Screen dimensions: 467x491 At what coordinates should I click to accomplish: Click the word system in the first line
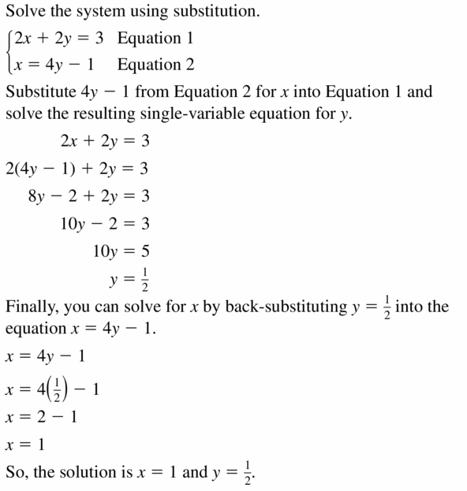click(110, 13)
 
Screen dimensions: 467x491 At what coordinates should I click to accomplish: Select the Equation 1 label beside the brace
click(155, 38)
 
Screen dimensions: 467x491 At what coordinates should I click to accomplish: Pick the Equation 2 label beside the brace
click(155, 64)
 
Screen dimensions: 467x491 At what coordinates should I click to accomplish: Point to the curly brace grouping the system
click(8, 50)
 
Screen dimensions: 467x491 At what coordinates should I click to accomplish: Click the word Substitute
click(40, 91)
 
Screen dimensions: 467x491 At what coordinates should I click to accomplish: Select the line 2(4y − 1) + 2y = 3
click(77, 169)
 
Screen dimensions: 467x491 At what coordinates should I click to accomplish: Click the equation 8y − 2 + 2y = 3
click(88, 196)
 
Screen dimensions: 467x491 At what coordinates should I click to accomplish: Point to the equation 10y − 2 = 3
click(105, 224)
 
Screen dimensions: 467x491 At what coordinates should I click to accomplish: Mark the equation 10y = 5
click(121, 251)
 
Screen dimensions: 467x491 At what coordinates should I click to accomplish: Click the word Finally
click(31, 307)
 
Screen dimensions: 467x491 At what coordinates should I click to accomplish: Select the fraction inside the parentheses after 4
click(46, 389)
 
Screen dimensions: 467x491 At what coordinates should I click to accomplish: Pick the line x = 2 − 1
click(41, 417)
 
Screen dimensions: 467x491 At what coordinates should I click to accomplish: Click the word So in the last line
click(16, 473)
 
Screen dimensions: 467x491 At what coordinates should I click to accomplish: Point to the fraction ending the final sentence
click(250, 473)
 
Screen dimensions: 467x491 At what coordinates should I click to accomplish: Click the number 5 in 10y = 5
click(144, 251)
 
